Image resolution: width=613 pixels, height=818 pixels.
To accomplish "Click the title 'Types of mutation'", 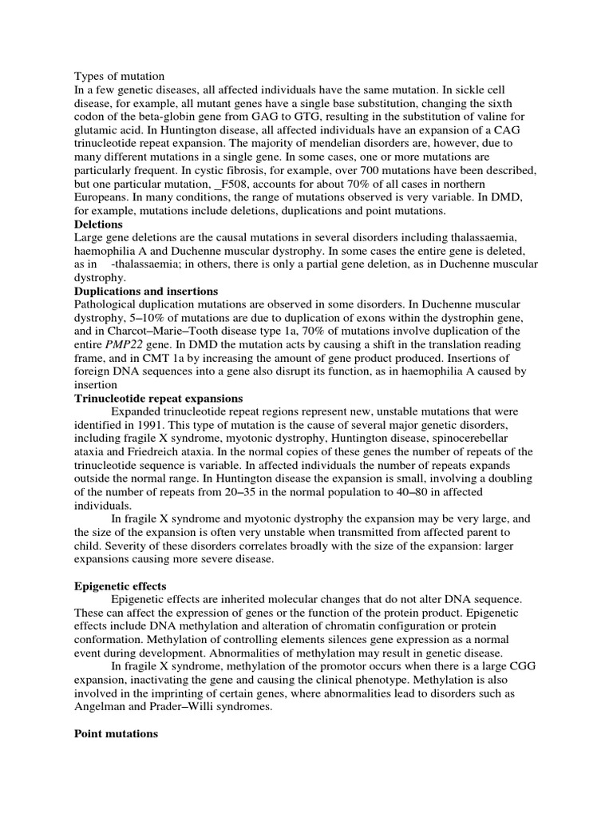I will (119, 77).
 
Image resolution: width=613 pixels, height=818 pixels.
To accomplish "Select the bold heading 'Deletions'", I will (98, 224).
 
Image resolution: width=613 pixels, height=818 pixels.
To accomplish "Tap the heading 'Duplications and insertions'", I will (146, 292).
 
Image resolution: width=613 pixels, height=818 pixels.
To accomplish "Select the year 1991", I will (142, 425).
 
